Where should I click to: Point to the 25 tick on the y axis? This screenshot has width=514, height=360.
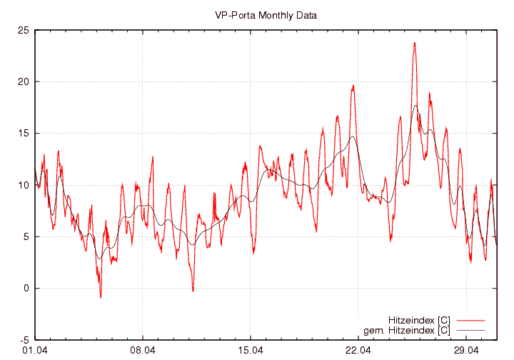(x=24, y=30)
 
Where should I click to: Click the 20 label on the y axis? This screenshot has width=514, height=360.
(x=24, y=81)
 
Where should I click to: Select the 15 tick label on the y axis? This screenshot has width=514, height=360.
(x=24, y=134)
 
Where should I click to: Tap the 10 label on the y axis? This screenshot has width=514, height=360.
(x=24, y=185)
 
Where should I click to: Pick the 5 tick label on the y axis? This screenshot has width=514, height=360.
(x=26, y=236)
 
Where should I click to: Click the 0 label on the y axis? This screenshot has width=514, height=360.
(x=26, y=289)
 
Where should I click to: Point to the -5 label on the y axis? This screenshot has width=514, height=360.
(x=24, y=340)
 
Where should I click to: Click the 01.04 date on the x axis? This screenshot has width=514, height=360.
(x=35, y=351)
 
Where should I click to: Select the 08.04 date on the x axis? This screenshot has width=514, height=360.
(x=143, y=351)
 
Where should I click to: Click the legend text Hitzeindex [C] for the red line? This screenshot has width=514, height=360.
(x=419, y=320)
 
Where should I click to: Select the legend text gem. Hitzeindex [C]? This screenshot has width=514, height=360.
(x=407, y=330)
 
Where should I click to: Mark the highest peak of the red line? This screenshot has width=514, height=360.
(x=414, y=43)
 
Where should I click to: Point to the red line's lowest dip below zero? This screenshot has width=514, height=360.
(x=101, y=297)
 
